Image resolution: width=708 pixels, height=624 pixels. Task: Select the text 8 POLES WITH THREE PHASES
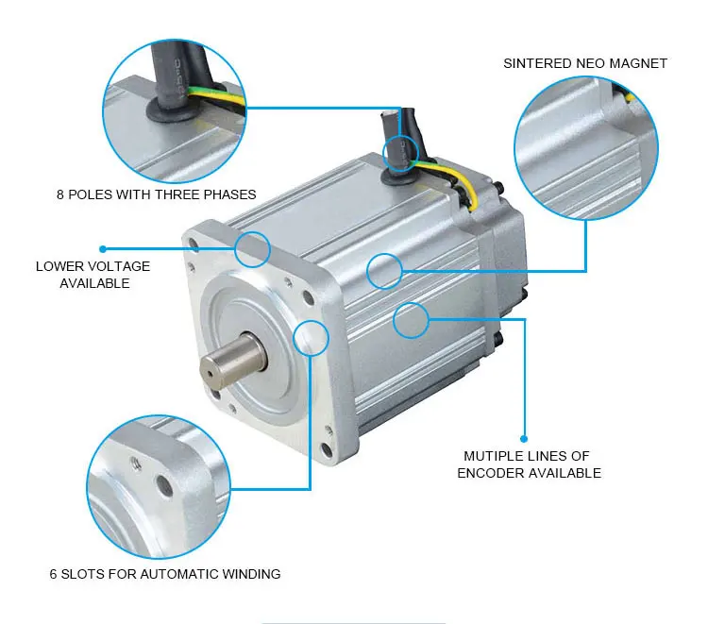click(x=156, y=194)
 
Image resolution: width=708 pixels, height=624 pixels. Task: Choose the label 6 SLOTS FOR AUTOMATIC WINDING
click(x=164, y=573)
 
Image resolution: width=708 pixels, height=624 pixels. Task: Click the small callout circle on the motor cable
click(x=400, y=150)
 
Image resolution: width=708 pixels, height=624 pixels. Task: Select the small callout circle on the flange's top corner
click(x=252, y=248)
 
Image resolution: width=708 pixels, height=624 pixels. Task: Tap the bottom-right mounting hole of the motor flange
click(x=326, y=450)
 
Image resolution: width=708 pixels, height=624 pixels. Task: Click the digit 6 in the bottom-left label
click(x=54, y=573)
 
